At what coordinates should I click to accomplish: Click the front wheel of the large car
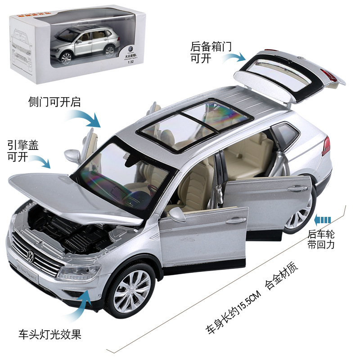[x=131, y=290]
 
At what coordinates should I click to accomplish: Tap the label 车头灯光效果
[x=49, y=335]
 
